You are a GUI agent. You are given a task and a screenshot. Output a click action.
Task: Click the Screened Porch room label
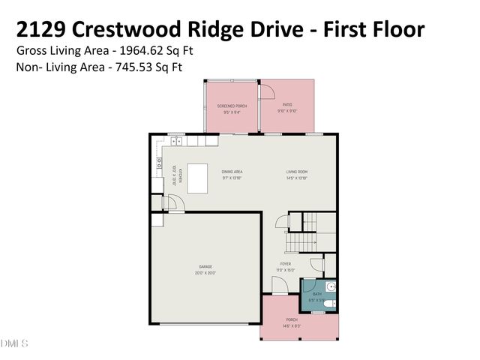pos(232,106)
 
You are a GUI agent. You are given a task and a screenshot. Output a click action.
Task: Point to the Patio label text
pos(287,105)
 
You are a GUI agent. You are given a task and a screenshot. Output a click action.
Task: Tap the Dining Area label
pos(232,172)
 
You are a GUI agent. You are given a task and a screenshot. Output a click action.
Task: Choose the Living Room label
pos(297,172)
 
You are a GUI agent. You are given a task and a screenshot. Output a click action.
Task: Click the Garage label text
pos(205,267)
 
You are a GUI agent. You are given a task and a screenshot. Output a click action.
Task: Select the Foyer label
pos(286,264)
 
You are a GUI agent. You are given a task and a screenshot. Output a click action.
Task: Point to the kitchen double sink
pos(177,140)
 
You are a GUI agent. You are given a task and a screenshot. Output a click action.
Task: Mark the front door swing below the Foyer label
pos(278,285)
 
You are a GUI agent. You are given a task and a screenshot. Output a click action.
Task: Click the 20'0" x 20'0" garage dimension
pos(205,273)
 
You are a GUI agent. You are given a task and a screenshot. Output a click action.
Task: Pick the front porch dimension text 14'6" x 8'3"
pos(292,325)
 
